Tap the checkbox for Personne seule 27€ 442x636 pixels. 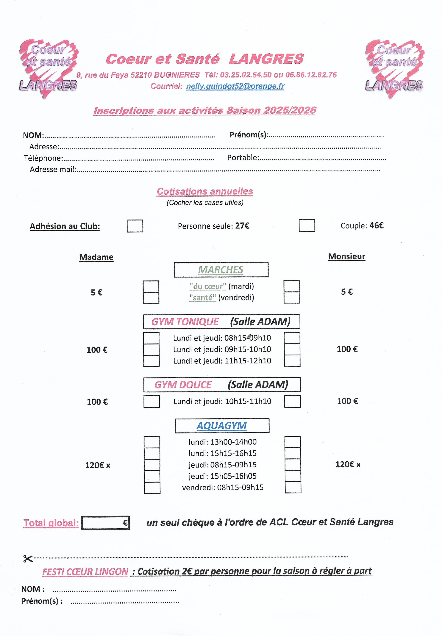(135, 226)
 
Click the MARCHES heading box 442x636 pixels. (221, 270)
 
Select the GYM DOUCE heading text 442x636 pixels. (183, 385)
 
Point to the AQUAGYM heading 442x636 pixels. (221, 426)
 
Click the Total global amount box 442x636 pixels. (105, 523)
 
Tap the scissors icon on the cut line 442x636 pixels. (28, 559)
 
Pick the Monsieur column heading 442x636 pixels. (346, 256)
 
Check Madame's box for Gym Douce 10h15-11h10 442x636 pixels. (152, 402)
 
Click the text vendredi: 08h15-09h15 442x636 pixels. (223, 487)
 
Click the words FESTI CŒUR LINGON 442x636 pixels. (85, 571)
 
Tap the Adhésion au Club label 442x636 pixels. (65, 226)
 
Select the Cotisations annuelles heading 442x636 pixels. (205, 191)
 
